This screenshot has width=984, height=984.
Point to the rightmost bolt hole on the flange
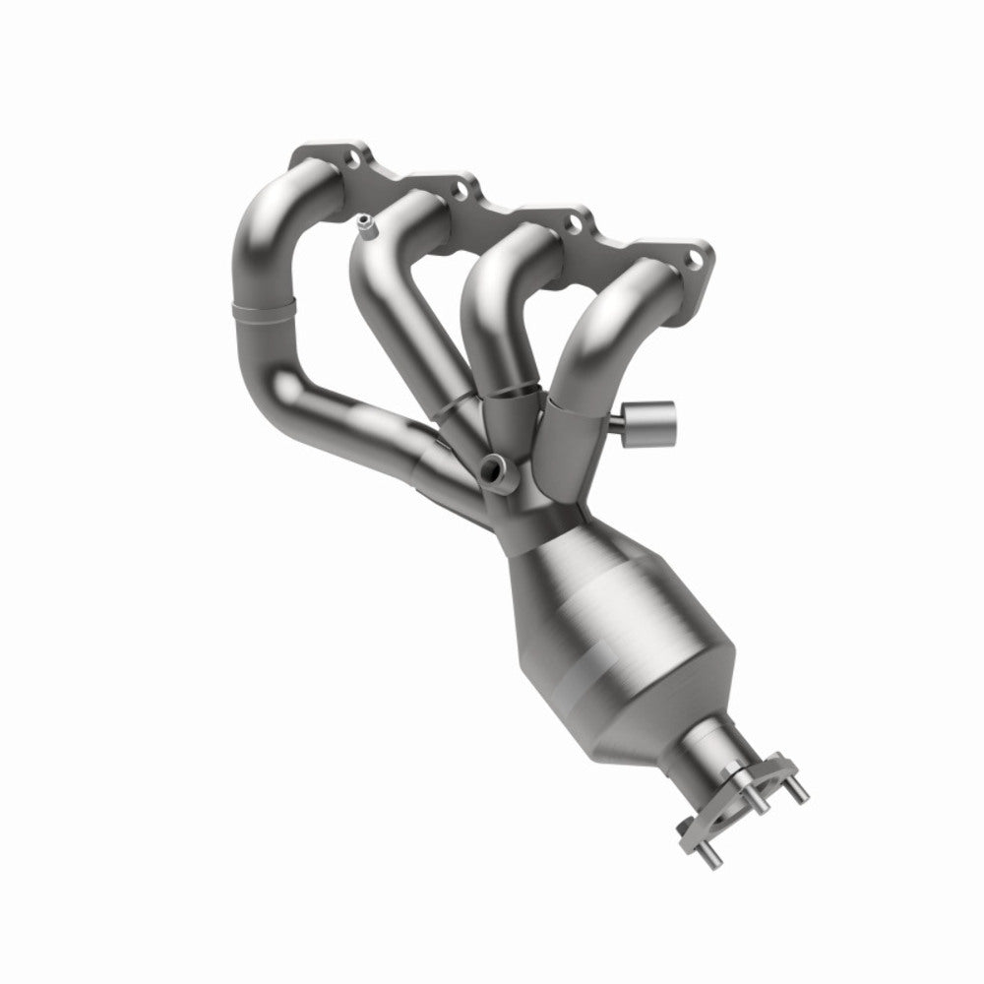coord(696,259)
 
